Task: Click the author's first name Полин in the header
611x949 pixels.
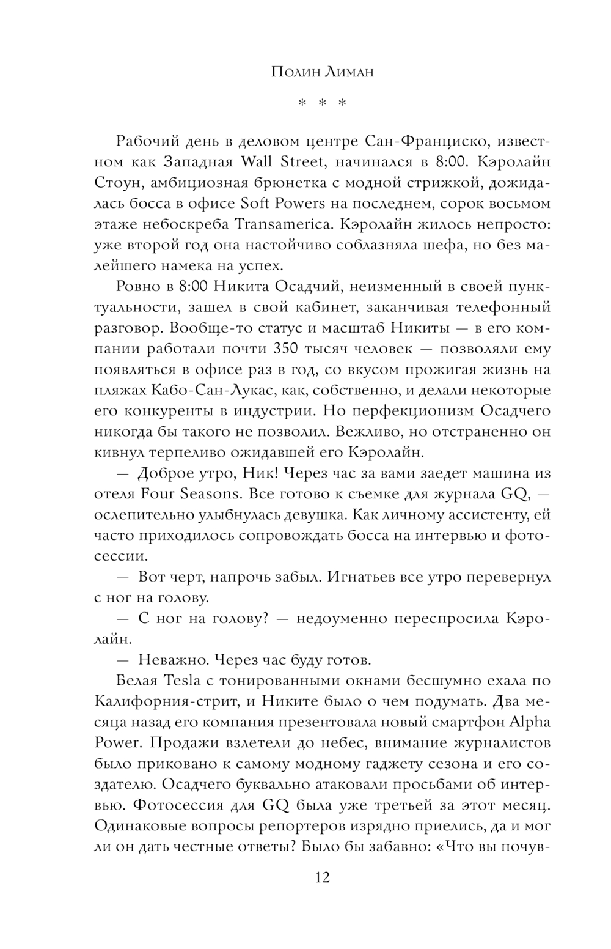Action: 291,73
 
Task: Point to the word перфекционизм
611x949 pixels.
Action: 401,411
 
